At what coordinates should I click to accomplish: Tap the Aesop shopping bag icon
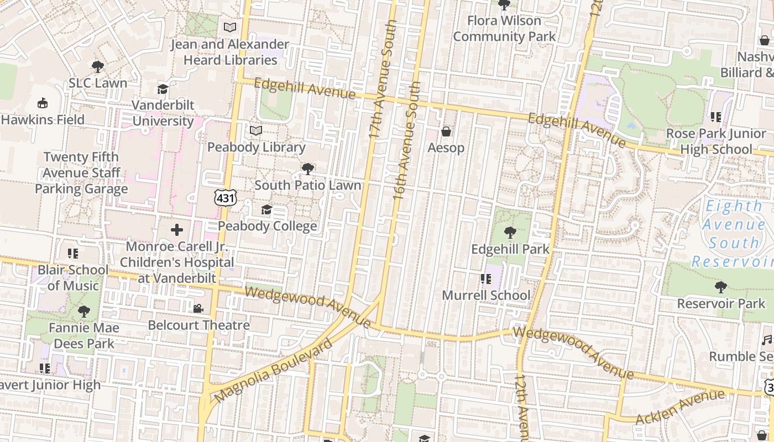pyautogui.click(x=446, y=131)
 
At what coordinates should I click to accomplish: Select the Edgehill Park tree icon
pyautogui.click(x=510, y=233)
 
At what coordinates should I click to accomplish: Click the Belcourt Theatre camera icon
pyautogui.click(x=198, y=308)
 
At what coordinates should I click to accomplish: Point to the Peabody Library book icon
pyautogui.click(x=255, y=130)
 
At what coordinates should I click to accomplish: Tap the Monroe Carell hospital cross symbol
pyautogui.click(x=177, y=230)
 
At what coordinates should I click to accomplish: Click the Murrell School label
pyautogui.click(x=486, y=296)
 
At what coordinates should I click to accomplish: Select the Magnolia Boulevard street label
pyautogui.click(x=273, y=371)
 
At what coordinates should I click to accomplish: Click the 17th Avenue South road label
pyautogui.click(x=383, y=80)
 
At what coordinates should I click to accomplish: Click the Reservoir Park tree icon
pyautogui.click(x=720, y=287)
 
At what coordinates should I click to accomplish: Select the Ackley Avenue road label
pyautogui.click(x=679, y=407)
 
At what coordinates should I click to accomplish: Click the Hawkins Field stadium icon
pyautogui.click(x=43, y=103)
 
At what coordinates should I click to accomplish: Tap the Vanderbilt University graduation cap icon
pyautogui.click(x=163, y=89)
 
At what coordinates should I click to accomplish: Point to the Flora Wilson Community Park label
pyautogui.click(x=504, y=29)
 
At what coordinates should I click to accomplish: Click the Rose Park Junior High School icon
pyautogui.click(x=716, y=117)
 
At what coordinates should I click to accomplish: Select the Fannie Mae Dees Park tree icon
pyautogui.click(x=84, y=312)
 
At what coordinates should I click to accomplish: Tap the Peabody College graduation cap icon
pyautogui.click(x=266, y=209)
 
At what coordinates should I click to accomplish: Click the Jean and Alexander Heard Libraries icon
pyautogui.click(x=229, y=27)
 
